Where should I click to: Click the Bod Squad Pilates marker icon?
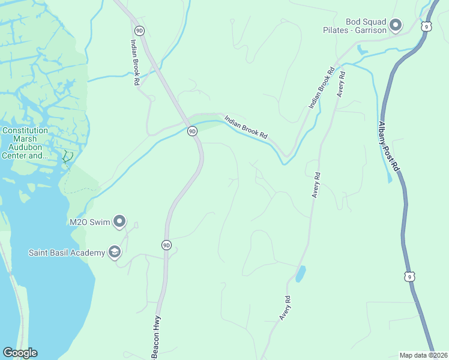tap(395, 25)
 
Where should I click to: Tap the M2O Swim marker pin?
tap(119, 222)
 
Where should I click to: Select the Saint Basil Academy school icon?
tap(114, 252)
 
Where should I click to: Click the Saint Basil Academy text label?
tap(65, 252)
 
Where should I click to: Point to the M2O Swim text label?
tap(90, 222)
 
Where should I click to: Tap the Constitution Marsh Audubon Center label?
tap(25, 143)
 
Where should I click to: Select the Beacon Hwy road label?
tap(156, 337)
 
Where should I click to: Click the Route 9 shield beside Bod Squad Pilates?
tap(426, 26)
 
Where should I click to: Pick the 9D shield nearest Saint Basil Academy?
tap(166, 245)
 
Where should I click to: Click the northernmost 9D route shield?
tap(140, 30)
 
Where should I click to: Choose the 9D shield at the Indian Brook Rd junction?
tap(192, 131)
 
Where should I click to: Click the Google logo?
tap(20, 353)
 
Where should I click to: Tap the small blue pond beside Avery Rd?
tap(300, 274)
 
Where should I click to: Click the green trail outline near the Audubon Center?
tap(68, 157)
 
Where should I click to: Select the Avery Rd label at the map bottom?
tap(285, 307)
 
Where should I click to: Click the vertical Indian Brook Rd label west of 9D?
tap(135, 62)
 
